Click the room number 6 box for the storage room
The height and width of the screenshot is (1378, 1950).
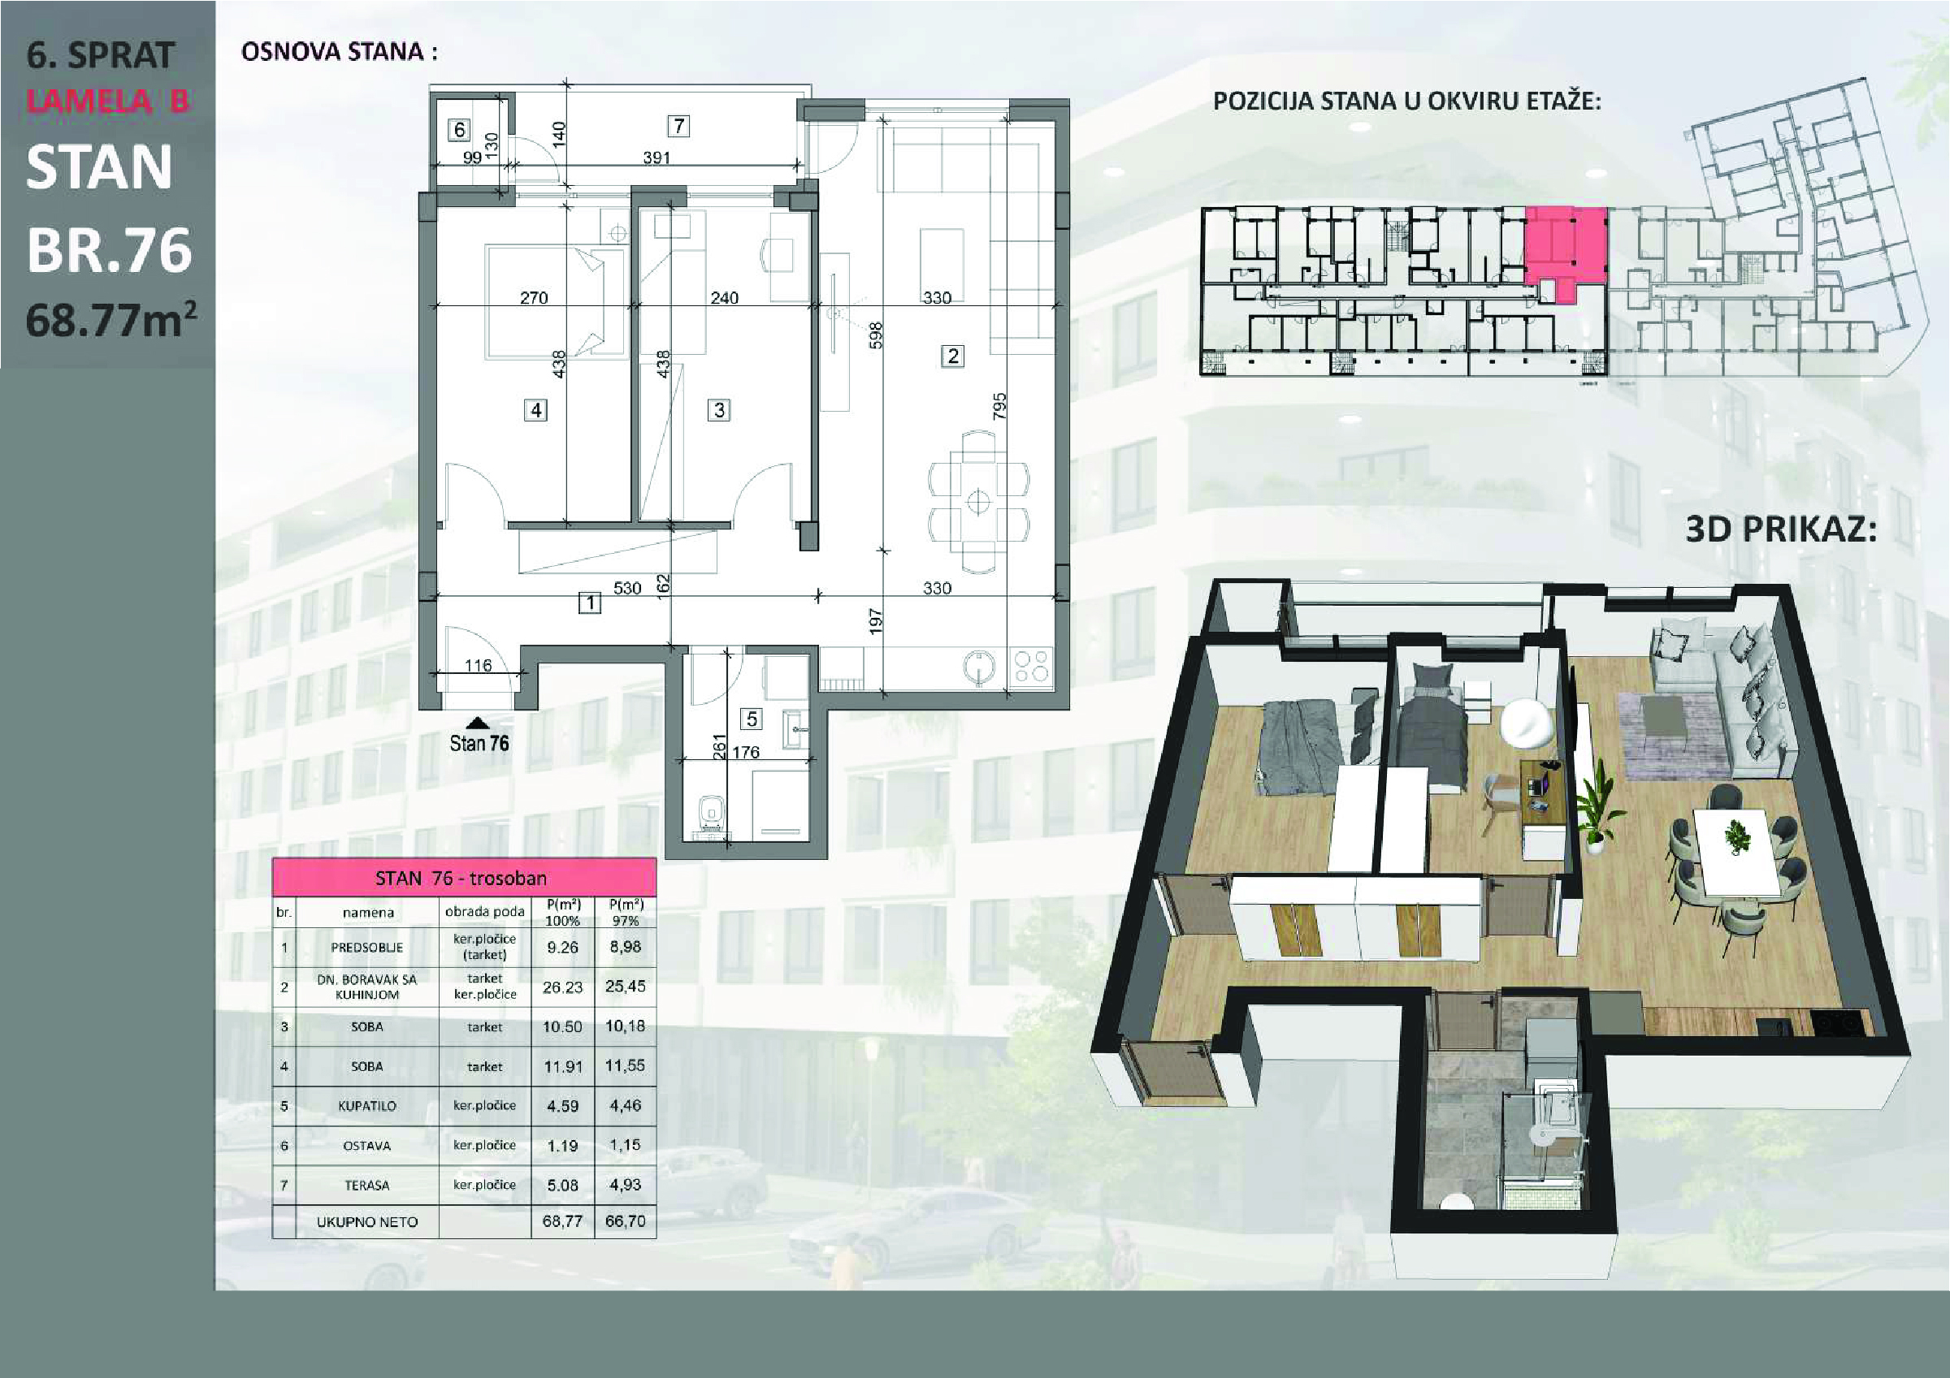point(460,129)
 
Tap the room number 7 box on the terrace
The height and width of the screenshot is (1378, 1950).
point(678,126)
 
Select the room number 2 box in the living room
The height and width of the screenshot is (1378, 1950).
point(952,356)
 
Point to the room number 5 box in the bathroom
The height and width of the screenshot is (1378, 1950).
point(752,719)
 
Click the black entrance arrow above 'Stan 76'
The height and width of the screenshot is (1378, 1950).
point(479,723)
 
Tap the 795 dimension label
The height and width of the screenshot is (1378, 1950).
point(999,406)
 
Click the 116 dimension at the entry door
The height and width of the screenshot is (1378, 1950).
point(479,665)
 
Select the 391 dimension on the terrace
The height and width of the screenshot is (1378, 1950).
point(656,157)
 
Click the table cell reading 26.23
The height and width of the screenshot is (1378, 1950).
point(562,987)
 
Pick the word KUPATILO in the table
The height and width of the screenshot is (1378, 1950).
point(367,1105)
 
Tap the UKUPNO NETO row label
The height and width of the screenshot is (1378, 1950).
point(367,1222)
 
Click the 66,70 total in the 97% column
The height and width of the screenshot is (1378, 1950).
point(625,1221)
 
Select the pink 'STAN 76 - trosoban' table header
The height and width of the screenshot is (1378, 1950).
point(464,877)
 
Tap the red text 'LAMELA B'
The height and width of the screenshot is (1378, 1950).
point(108,101)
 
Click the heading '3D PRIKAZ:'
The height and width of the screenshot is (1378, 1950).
point(1781,529)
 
